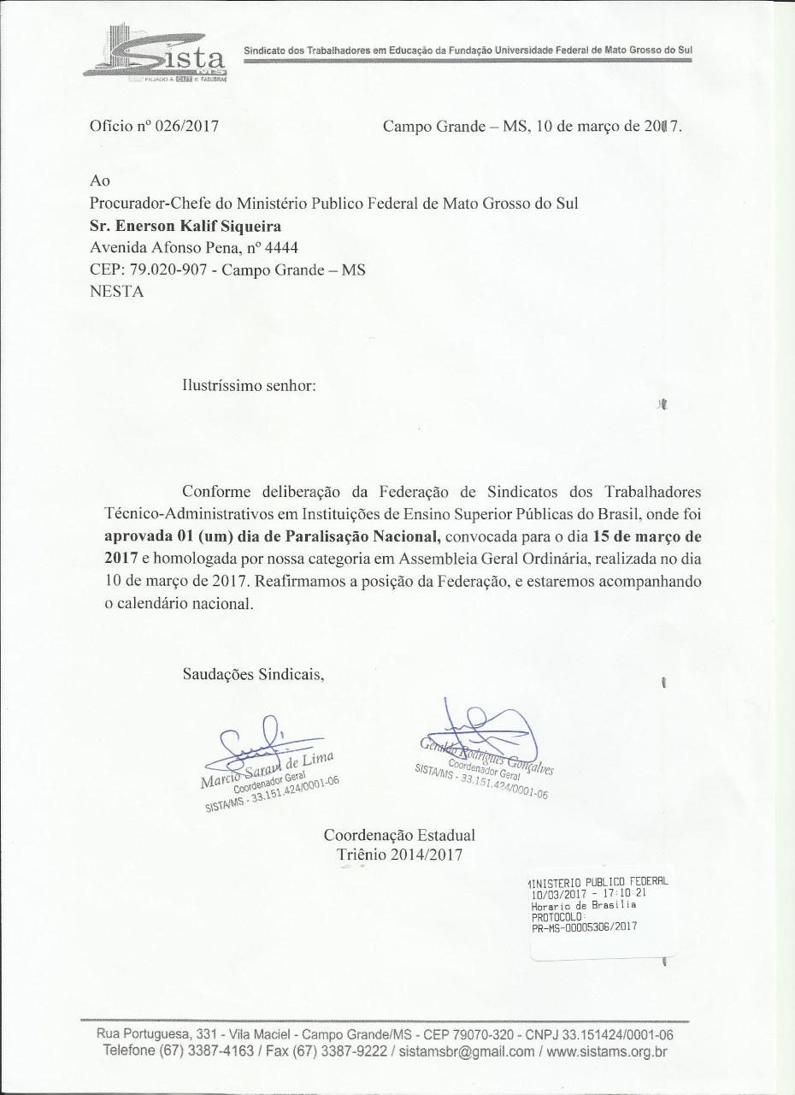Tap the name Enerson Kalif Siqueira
tap(185, 226)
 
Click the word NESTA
tap(117, 291)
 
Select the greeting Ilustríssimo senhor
tap(250, 386)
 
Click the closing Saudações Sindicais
tap(254, 672)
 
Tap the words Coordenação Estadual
tap(399, 834)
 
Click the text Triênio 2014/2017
tap(399, 854)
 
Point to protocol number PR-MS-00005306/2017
tap(584, 926)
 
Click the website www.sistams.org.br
tap(607, 1051)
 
